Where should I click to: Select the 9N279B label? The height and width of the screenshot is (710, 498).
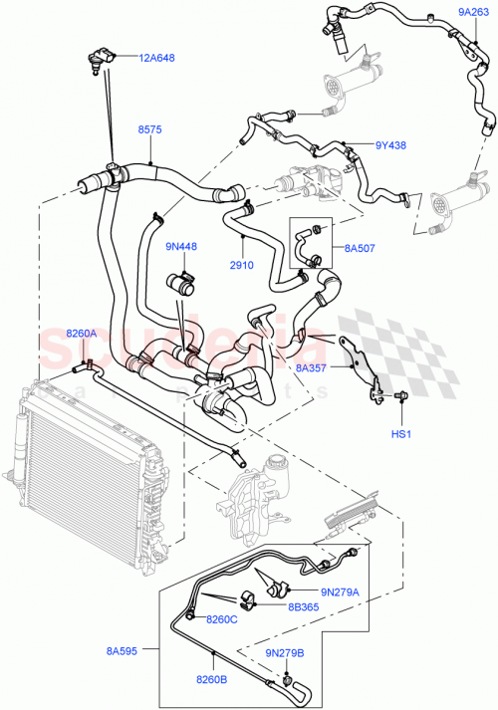pyautogui.click(x=285, y=652)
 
